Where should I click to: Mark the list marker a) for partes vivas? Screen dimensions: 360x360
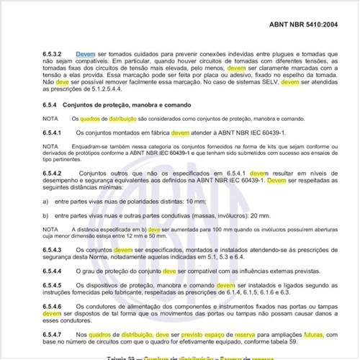45,204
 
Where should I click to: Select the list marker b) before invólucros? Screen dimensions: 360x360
45,215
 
